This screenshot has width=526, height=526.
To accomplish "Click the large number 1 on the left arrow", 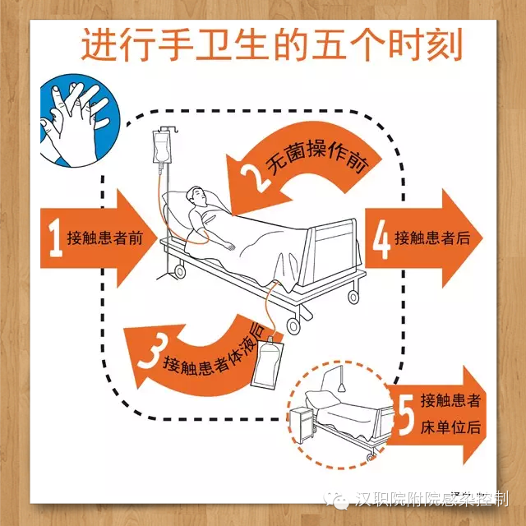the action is (55, 238).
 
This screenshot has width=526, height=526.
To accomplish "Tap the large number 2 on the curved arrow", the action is (255, 179).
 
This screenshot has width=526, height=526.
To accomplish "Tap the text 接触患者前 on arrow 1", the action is (105, 238).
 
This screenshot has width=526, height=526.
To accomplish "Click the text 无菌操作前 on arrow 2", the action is (317, 157).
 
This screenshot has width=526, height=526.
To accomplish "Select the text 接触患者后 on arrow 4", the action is (432, 238).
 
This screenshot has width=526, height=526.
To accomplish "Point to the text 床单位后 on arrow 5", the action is (450, 427).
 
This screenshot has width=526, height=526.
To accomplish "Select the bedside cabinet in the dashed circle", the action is (302, 424).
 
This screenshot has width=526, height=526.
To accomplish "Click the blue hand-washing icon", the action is (79, 120).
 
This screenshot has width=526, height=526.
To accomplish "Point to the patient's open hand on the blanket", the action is (230, 247).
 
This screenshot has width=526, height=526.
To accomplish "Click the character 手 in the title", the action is (176, 44).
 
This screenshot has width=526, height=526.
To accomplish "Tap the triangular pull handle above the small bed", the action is (342, 388).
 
